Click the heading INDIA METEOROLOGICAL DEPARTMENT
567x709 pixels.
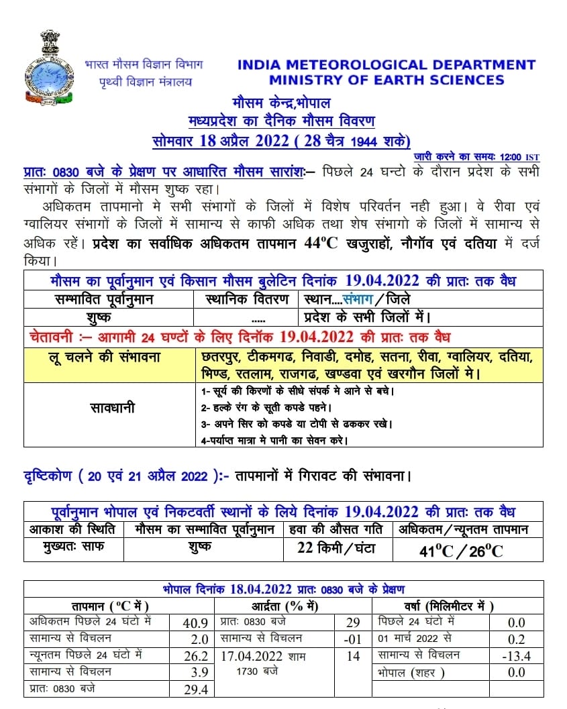coord(386,65)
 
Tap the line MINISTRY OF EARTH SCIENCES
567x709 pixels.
coord(386,80)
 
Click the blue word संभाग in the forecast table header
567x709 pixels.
coord(360,299)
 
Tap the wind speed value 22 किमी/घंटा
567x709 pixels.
coord(337,549)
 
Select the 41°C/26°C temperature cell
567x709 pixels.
coord(460,551)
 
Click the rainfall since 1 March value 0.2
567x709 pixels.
coord(515,639)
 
